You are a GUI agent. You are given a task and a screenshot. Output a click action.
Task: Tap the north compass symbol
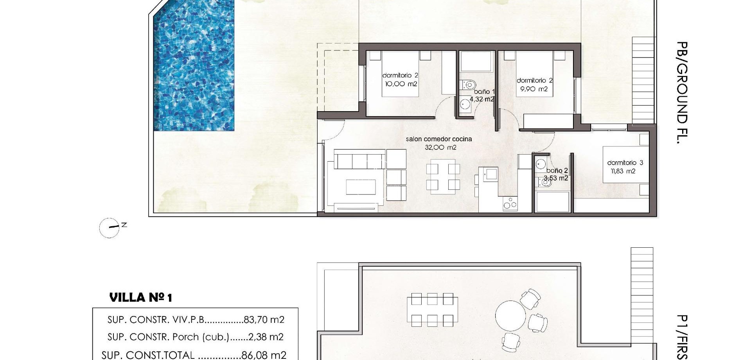point(110,227)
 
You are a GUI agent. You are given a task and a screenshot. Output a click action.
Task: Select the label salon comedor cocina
point(438,139)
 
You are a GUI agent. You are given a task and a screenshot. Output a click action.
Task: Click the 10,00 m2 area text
point(401,84)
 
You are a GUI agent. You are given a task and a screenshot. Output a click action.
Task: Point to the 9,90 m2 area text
point(535,89)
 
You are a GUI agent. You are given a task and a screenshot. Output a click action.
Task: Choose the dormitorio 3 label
point(625,162)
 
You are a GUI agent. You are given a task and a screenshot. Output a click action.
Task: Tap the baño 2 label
point(557,171)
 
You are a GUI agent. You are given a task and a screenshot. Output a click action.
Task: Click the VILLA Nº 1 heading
point(140,298)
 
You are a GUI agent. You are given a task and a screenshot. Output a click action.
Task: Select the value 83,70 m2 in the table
point(264,320)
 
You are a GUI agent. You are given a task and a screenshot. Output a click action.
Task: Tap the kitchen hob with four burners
point(510,203)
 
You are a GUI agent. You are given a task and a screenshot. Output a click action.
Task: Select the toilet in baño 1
point(468,84)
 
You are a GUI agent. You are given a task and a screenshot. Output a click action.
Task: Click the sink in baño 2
point(541,164)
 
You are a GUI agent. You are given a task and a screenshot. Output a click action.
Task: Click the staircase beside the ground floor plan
point(643,80)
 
